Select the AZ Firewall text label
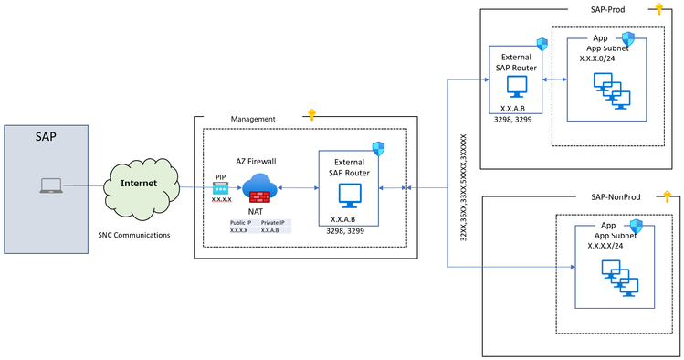[x=256, y=161]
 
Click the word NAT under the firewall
[x=256, y=211]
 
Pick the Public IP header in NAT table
[x=241, y=222]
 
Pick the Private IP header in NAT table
[x=273, y=222]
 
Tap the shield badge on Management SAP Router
[x=378, y=149]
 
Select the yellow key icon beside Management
[x=311, y=114]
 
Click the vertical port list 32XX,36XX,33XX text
[x=463, y=186]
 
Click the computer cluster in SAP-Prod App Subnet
[x=612, y=89]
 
